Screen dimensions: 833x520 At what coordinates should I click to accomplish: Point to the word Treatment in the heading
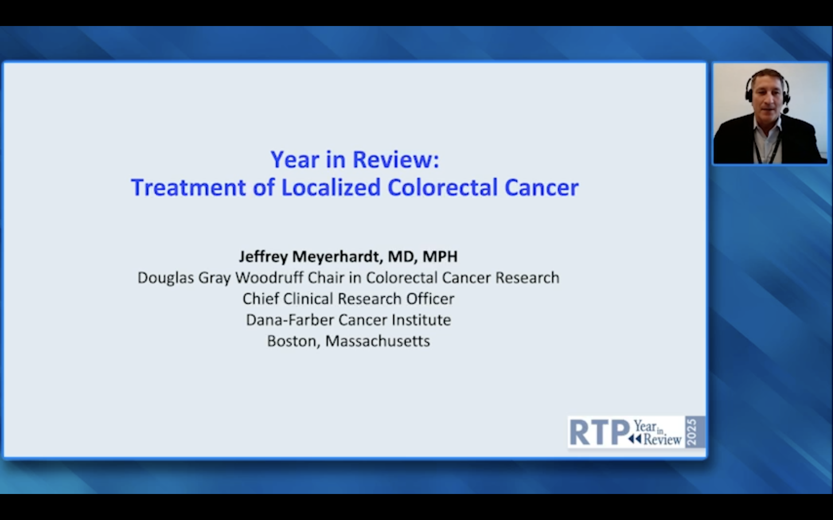pos(188,187)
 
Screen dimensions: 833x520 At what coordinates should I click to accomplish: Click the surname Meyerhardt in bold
pos(336,257)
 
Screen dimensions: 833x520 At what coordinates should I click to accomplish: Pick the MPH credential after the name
pos(440,257)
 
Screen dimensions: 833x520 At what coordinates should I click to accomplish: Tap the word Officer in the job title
pos(430,298)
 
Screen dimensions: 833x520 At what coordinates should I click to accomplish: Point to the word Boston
pos(294,341)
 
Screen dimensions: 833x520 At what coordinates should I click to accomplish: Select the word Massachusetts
pos(378,341)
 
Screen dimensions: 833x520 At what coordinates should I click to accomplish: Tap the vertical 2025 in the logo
pos(691,432)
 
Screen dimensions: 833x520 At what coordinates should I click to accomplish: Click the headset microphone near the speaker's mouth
pos(786,111)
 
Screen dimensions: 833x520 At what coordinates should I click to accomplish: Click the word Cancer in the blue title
pos(542,187)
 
